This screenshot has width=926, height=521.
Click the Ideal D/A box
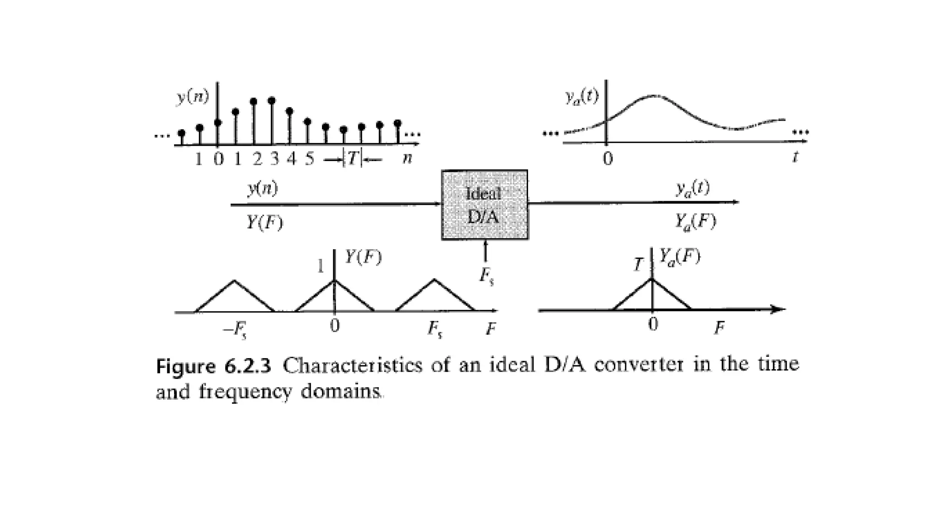(x=484, y=205)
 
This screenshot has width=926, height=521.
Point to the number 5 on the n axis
(x=309, y=159)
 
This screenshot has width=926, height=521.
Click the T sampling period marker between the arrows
(x=353, y=158)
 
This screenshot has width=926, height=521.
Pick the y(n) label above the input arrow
(x=263, y=188)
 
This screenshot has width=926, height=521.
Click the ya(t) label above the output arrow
(x=693, y=188)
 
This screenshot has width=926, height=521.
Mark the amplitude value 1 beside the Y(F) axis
(x=321, y=266)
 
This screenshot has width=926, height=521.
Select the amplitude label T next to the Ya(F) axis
(x=638, y=264)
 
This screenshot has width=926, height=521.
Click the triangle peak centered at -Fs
(x=234, y=281)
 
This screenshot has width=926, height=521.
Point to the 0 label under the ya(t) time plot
(x=608, y=159)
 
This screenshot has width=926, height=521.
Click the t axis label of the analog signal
(x=795, y=156)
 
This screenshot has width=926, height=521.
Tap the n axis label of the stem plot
(x=407, y=158)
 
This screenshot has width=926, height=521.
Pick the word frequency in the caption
(x=246, y=392)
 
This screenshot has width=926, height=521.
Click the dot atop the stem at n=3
(x=271, y=100)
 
